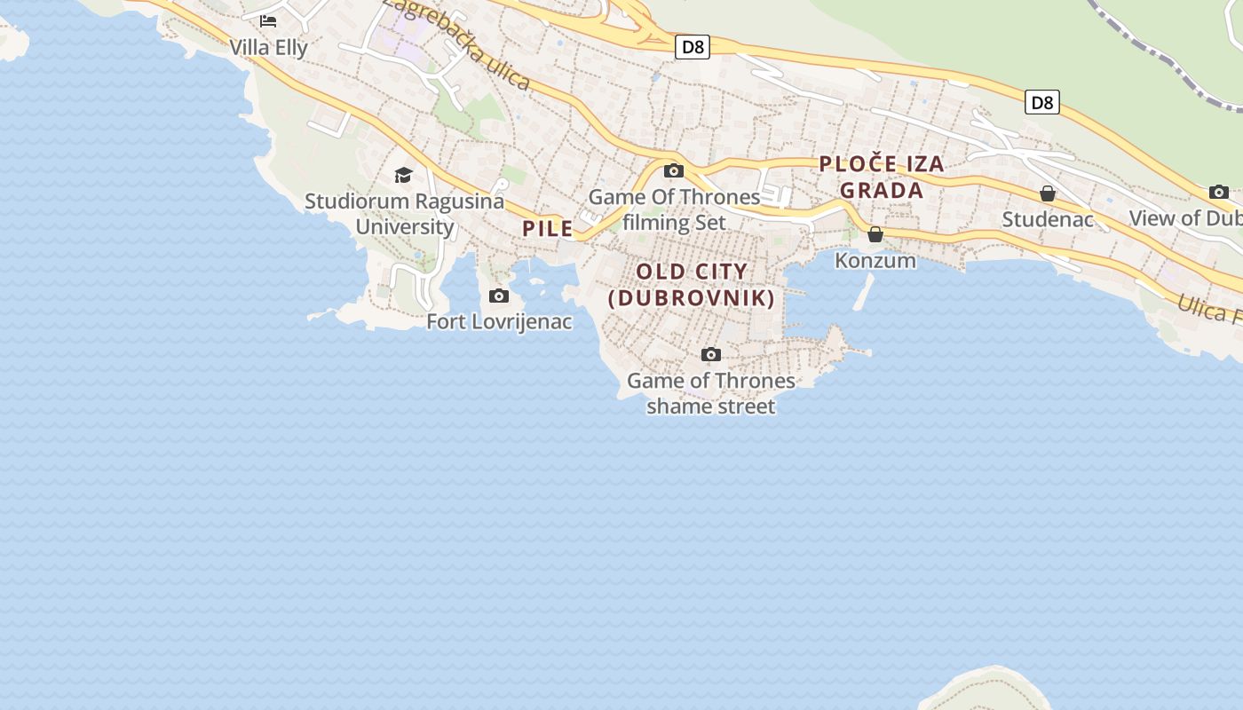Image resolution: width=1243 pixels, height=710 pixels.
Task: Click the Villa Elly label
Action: pyautogui.click(x=268, y=47)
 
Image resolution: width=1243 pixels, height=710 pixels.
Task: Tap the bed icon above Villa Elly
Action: pyautogui.click(x=268, y=20)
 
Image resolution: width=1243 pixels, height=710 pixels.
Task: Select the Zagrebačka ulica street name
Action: pyautogui.click(x=457, y=43)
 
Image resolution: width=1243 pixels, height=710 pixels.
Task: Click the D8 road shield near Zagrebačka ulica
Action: pyautogui.click(x=693, y=47)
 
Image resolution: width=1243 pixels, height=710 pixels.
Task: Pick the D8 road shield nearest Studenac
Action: pyautogui.click(x=1042, y=102)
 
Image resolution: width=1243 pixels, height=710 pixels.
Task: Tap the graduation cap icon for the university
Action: pyautogui.click(x=404, y=175)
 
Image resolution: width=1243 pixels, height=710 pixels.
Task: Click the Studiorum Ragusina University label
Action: pyautogui.click(x=404, y=213)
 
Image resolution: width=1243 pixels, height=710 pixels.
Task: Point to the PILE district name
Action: pyautogui.click(x=548, y=228)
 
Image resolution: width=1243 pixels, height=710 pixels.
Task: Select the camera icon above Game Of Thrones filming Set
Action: pyautogui.click(x=674, y=170)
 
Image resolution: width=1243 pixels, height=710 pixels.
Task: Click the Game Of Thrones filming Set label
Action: pyautogui.click(x=675, y=209)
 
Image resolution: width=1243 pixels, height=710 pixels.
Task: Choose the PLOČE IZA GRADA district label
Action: pyautogui.click(x=882, y=177)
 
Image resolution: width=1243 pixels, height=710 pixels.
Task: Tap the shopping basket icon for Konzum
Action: pyautogui.click(x=875, y=234)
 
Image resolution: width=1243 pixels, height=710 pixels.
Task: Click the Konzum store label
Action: pyautogui.click(x=875, y=260)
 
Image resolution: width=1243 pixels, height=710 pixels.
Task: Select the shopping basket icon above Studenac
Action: pyautogui.click(x=1048, y=193)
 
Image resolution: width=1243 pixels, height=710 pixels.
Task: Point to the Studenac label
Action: pyautogui.click(x=1048, y=218)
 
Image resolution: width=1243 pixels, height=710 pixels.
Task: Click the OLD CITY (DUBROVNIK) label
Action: pyautogui.click(x=693, y=284)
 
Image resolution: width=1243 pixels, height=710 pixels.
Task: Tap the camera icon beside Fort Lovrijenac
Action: pyautogui.click(x=499, y=296)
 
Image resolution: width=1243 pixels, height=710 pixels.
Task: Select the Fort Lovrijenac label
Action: pyautogui.click(x=499, y=321)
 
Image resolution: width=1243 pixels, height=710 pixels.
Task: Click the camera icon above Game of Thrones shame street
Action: pyautogui.click(x=710, y=355)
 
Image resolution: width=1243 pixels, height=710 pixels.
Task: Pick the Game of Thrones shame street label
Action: pyautogui.click(x=710, y=393)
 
